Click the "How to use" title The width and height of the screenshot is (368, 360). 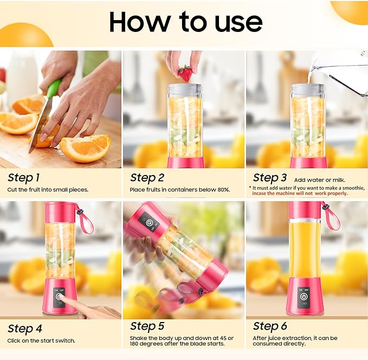(x=185, y=21)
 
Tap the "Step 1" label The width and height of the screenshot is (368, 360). (x=24, y=177)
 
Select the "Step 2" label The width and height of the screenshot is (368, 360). (x=147, y=177)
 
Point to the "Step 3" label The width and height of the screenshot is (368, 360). (x=270, y=177)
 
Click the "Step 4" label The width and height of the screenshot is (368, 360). (x=24, y=328)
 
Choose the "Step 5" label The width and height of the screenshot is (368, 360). (x=147, y=326)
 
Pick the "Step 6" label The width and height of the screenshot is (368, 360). (x=270, y=326)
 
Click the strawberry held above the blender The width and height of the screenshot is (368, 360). (x=185, y=73)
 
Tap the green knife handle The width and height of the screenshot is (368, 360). (x=54, y=88)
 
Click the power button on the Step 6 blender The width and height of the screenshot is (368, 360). (x=304, y=298)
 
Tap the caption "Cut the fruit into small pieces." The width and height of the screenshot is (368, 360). (x=48, y=190)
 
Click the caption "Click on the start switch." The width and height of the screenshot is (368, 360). (x=41, y=340)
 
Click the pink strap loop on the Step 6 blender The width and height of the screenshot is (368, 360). (x=331, y=215)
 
